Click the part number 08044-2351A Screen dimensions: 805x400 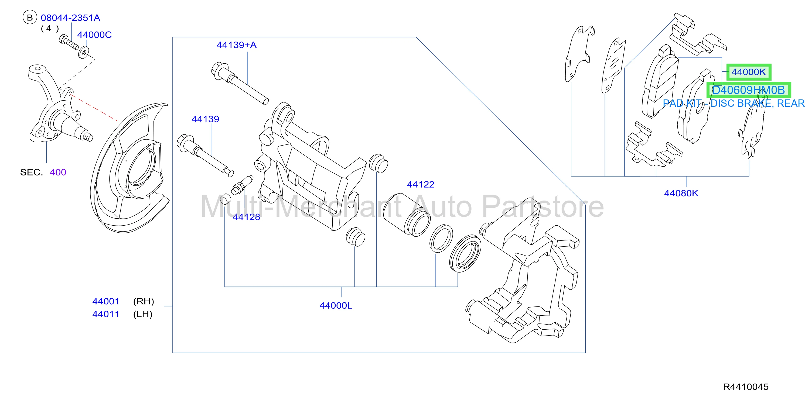(x=71, y=18)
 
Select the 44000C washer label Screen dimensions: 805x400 (x=94, y=35)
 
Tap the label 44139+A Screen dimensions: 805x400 (x=237, y=45)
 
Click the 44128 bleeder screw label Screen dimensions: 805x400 (x=246, y=217)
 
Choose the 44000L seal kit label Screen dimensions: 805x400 (x=336, y=305)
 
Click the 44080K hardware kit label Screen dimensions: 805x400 (x=681, y=193)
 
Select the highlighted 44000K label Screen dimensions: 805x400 (x=749, y=72)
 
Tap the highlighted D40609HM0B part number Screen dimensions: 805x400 (x=748, y=90)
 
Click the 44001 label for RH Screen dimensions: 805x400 (x=106, y=301)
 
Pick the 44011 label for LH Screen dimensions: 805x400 (x=106, y=314)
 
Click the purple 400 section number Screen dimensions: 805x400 (x=58, y=172)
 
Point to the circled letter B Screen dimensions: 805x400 (x=30, y=18)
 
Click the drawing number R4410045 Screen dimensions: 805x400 (x=746, y=387)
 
